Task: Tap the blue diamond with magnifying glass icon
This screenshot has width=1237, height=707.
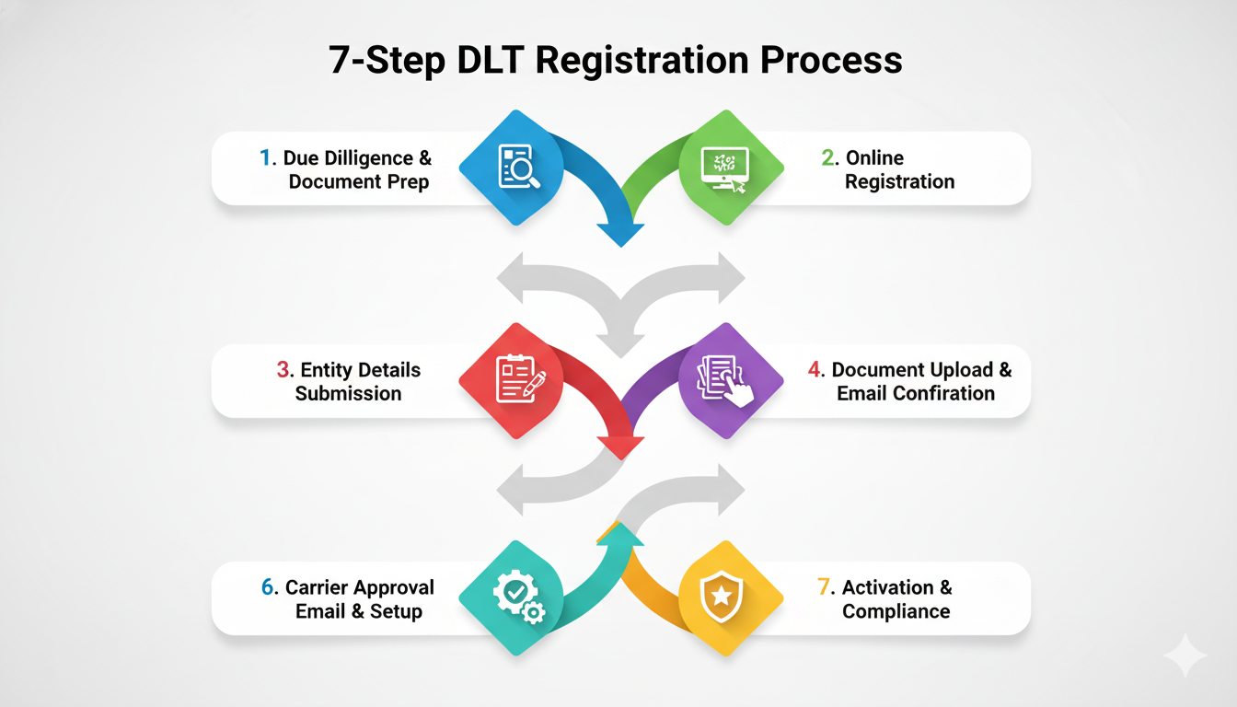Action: coord(512,167)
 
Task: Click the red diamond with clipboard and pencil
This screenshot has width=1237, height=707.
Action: coord(512,379)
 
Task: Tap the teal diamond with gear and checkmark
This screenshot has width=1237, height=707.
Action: coord(512,597)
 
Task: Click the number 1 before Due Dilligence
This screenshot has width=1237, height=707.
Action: coord(266,158)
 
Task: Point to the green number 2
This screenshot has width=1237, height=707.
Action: coord(827,158)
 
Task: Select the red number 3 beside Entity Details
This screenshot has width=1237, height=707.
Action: coord(283,370)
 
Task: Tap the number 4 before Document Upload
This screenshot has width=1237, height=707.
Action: coord(815,370)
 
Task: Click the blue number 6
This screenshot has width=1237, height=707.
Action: coord(268,587)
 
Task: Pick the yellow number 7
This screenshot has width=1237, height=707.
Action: coord(825,587)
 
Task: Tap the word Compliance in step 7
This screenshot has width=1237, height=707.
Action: coord(896,611)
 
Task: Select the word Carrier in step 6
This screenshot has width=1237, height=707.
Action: coord(321,587)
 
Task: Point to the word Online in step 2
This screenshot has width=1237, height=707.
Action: coord(874,158)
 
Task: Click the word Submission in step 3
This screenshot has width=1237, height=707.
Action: coord(348,394)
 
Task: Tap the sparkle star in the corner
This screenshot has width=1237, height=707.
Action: coord(1185,655)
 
